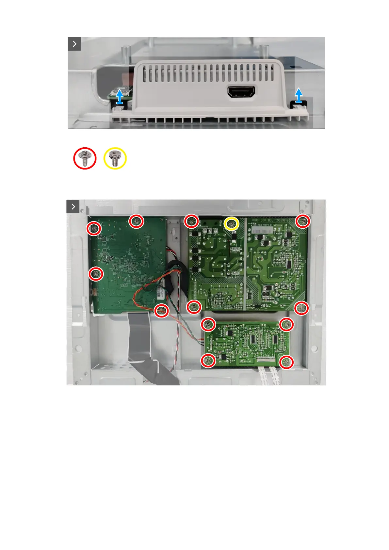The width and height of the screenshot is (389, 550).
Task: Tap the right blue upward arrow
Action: [x=299, y=95]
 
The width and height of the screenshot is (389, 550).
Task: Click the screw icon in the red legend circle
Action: [x=85, y=158]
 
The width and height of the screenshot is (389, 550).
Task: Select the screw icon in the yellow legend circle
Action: [x=115, y=158]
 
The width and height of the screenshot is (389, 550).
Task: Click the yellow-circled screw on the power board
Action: [x=232, y=224]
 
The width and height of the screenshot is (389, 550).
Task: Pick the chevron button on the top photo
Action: [x=74, y=44]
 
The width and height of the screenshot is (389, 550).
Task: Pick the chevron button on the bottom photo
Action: [x=73, y=206]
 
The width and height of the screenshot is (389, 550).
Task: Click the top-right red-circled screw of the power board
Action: [x=303, y=221]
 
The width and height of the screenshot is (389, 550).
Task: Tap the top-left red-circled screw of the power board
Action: [x=191, y=221]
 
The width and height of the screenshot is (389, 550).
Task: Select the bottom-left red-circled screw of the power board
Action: [x=194, y=307]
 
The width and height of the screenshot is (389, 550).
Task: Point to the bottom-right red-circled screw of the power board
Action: [x=301, y=308]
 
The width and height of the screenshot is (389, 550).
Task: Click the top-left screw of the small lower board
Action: [x=208, y=325]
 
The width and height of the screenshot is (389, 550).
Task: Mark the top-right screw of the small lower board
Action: [x=286, y=324]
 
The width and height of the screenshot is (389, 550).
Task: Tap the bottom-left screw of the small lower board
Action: [x=208, y=361]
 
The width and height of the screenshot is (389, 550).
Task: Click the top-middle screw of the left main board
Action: [x=136, y=221]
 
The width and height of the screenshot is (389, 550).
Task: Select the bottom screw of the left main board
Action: [x=161, y=310]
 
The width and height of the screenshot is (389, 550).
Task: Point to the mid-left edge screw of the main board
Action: [x=96, y=274]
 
